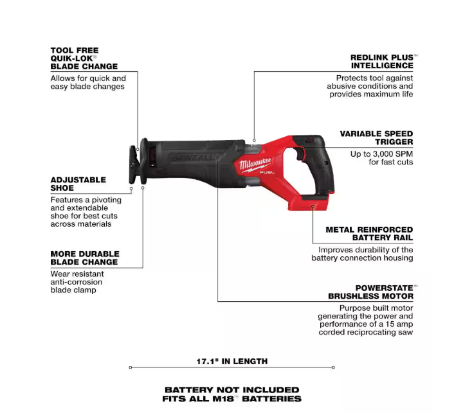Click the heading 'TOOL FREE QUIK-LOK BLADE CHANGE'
(84, 58)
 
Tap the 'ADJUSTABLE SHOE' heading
(78, 184)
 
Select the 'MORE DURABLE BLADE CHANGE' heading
(84, 258)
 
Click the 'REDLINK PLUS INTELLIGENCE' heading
(381, 62)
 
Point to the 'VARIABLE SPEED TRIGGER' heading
(376, 137)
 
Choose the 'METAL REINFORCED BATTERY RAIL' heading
(369, 234)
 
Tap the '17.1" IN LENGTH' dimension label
(232, 361)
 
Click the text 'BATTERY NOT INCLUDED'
(232, 389)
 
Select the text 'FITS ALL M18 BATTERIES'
(232, 398)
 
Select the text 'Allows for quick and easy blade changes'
(88, 82)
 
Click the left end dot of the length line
(130, 367)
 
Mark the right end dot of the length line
(333, 367)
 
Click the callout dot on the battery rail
(313, 206)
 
